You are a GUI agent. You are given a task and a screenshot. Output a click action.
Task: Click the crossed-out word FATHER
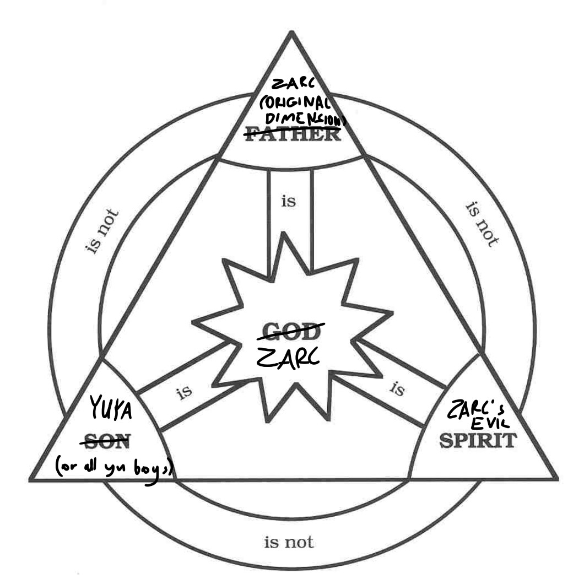coord(293,134)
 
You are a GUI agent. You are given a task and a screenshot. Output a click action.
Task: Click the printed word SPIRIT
coord(478,440)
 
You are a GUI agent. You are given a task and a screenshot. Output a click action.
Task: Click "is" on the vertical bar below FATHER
coord(289,202)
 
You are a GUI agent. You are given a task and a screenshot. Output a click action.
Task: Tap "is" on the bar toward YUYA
coord(184,393)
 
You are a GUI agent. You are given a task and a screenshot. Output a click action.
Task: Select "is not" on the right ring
coord(483,223)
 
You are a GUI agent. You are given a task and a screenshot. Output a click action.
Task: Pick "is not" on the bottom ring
coord(289,543)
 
